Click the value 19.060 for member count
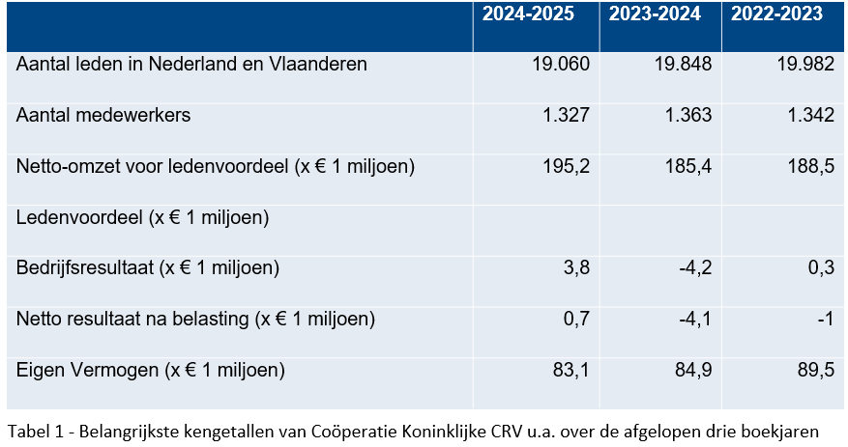(560, 65)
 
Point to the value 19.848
(683, 65)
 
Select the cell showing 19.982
(804, 65)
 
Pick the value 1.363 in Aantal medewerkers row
(687, 116)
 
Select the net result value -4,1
(692, 319)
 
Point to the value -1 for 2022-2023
(824, 319)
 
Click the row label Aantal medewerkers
(103, 116)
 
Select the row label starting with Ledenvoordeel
(142, 218)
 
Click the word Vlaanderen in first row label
(317, 65)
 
